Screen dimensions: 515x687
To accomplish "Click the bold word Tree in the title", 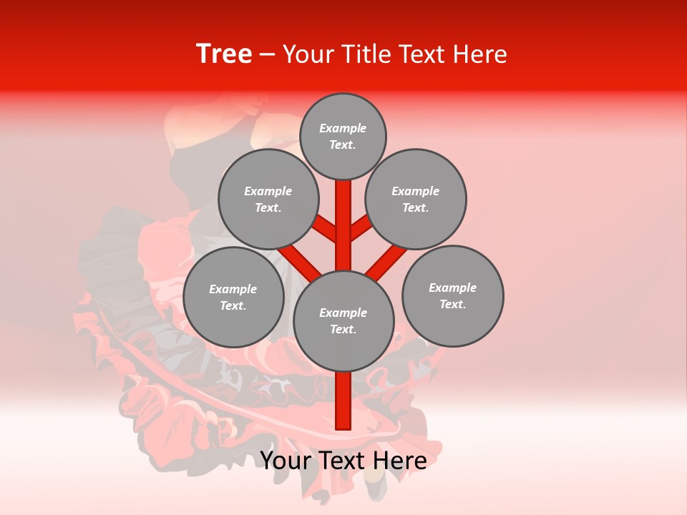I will [x=224, y=54].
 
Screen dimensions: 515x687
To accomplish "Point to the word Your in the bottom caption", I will [x=286, y=461].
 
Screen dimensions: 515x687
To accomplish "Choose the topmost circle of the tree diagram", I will [x=343, y=136].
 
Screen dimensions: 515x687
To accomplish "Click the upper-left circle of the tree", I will [x=268, y=199].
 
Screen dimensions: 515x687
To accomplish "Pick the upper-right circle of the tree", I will [x=416, y=199].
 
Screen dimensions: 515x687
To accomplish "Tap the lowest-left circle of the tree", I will [x=233, y=297].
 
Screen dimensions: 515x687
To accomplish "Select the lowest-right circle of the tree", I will [x=452, y=295].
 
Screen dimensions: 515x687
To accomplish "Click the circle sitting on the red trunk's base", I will [x=343, y=320].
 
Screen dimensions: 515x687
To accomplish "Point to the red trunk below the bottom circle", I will [x=343, y=401].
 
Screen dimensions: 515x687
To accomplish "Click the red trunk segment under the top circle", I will [x=343, y=215].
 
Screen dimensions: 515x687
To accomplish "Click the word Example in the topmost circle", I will [x=343, y=128].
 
